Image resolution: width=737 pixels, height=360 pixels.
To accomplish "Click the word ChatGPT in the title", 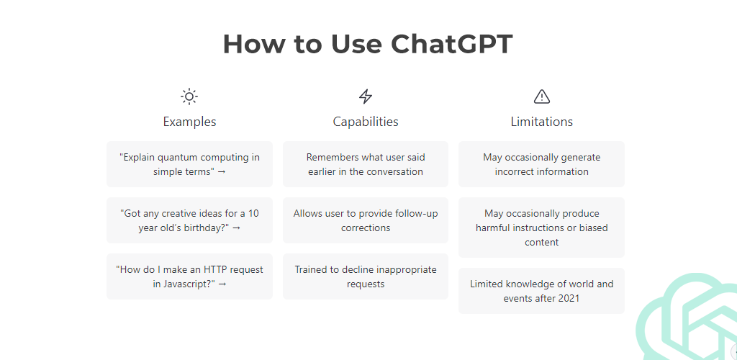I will point(451,45).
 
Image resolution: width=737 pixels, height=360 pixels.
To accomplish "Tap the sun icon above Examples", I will point(189,96).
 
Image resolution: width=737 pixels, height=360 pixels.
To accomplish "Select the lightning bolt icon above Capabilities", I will point(366,96).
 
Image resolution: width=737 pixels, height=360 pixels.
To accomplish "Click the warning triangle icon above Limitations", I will point(542,96).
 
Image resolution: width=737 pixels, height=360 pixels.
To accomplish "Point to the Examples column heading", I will point(189,122).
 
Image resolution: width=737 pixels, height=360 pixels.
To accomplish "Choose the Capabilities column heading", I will point(366,122).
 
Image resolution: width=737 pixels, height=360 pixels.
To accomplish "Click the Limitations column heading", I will point(542,122).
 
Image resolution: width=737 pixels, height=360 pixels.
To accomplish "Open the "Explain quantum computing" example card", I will point(189,164).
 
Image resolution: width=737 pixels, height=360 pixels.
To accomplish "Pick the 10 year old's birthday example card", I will point(189,220).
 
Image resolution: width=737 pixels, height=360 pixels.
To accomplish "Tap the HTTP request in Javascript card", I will point(189,276).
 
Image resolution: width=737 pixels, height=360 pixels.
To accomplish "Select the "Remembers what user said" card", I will point(366,164).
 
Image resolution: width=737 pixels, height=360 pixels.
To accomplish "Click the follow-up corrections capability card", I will point(366,220).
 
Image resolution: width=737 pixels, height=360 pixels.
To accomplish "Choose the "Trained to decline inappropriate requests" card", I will point(366,276).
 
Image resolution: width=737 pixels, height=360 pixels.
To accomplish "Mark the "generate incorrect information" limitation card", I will point(542,164).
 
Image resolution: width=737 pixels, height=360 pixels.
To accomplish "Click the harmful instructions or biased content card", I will point(542,228).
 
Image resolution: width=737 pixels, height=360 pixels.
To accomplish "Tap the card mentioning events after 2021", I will point(542,291).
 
